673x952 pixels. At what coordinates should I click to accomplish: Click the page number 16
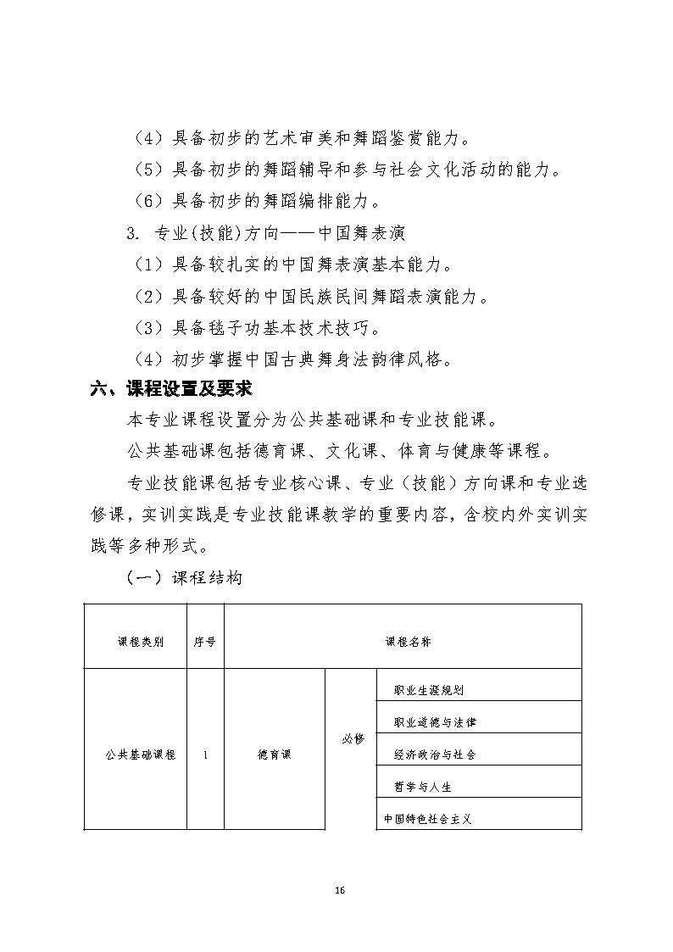(339, 890)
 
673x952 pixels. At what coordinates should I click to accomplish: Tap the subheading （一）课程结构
(184, 578)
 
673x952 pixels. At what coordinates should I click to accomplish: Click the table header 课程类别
(135, 642)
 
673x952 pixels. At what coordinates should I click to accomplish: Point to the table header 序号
(204, 642)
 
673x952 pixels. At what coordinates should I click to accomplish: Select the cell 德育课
(273, 754)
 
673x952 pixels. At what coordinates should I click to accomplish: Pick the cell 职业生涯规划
(429, 690)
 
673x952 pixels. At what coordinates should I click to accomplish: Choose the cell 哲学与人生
(423, 787)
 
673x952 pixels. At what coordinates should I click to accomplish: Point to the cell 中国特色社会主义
(426, 819)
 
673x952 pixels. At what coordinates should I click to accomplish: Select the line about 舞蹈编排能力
(257, 202)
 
